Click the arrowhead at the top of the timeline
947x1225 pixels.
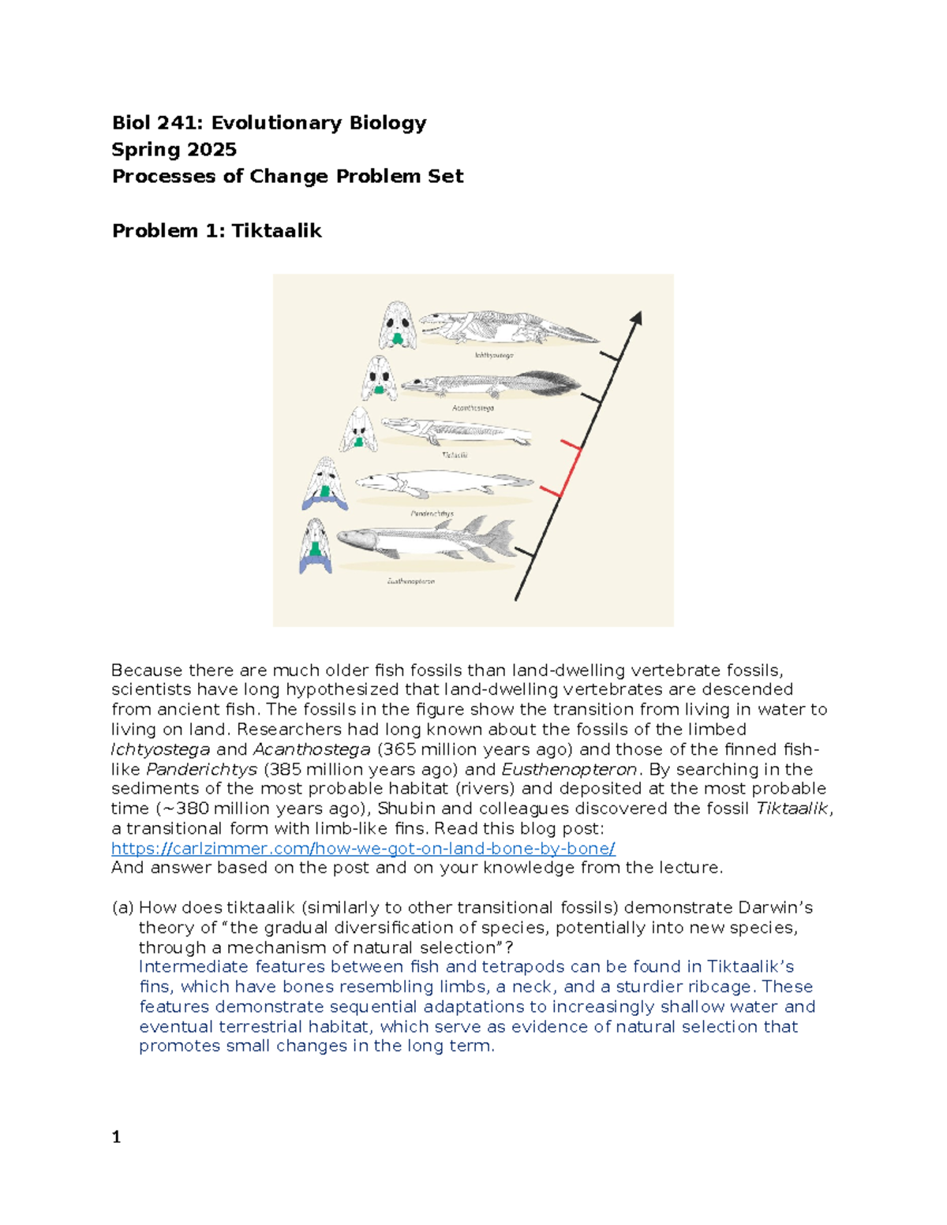[x=637, y=317]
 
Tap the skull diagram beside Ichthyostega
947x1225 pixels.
[x=397, y=325]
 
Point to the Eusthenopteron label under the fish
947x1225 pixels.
[x=410, y=581]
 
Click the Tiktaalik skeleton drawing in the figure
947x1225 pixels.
[x=455, y=432]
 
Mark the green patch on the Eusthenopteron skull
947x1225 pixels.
[x=316, y=550]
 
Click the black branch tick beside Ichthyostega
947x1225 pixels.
[x=609, y=357]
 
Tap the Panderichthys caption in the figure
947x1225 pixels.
[x=432, y=514]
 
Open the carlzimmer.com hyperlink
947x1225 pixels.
[x=363, y=849]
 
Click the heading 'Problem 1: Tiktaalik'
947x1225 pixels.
[x=216, y=231]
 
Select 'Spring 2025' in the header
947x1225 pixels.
[x=174, y=150]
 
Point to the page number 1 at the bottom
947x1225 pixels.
[x=116, y=1137]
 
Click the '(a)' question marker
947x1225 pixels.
[x=122, y=908]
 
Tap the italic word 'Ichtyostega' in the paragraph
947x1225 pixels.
[x=160, y=749]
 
